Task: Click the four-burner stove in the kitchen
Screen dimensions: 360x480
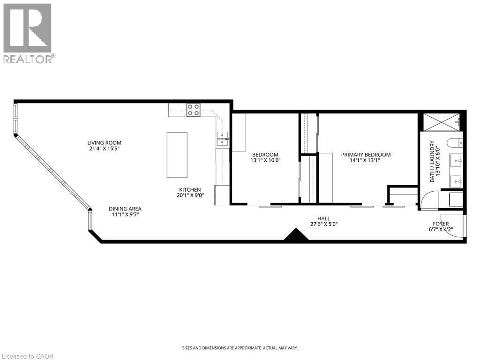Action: click(x=193, y=110)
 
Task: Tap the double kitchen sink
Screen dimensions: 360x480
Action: click(x=222, y=136)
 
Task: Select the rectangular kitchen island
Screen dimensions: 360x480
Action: click(x=177, y=155)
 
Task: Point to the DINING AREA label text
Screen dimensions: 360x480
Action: click(x=125, y=209)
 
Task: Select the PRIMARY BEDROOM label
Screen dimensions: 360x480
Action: click(x=366, y=155)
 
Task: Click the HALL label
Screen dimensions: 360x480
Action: click(x=323, y=218)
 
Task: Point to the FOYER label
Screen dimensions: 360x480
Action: click(x=441, y=224)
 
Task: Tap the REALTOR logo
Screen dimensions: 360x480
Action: click(x=28, y=33)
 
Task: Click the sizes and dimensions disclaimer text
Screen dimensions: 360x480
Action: click(x=240, y=348)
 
